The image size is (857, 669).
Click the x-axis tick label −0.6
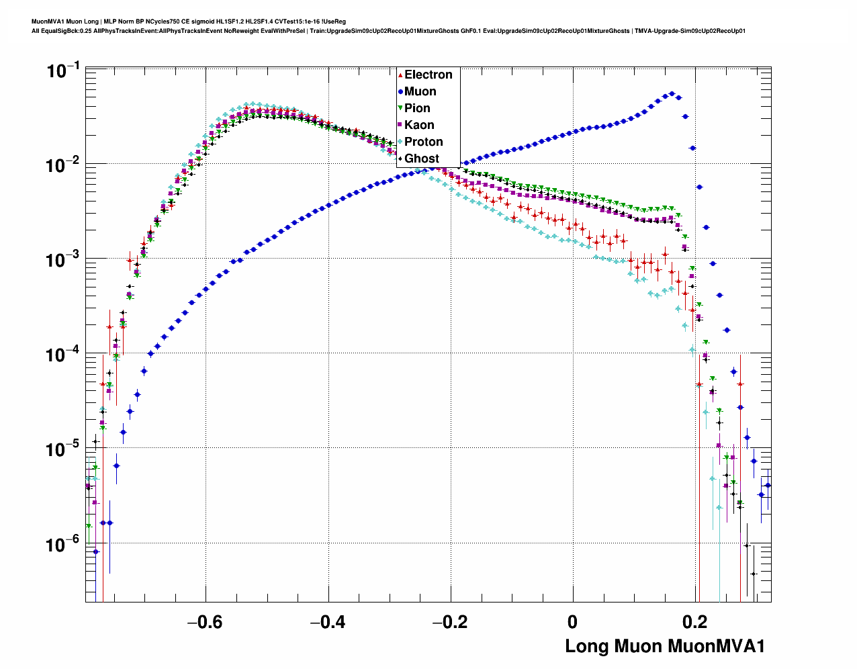click(205, 622)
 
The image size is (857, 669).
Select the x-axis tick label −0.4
click(328, 622)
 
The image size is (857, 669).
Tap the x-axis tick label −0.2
click(450, 622)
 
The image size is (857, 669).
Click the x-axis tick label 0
click(573, 622)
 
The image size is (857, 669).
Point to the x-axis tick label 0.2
click(695, 622)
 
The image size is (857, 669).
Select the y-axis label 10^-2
click(63, 165)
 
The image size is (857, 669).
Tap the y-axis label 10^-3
click(63, 259)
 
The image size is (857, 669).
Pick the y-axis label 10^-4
click(63, 354)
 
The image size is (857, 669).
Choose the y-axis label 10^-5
click(63, 449)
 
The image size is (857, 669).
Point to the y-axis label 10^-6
click(63, 543)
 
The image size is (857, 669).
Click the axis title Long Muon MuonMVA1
click(665, 646)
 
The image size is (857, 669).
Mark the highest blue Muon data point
click(672, 94)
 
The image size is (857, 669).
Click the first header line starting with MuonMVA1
click(189, 21)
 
